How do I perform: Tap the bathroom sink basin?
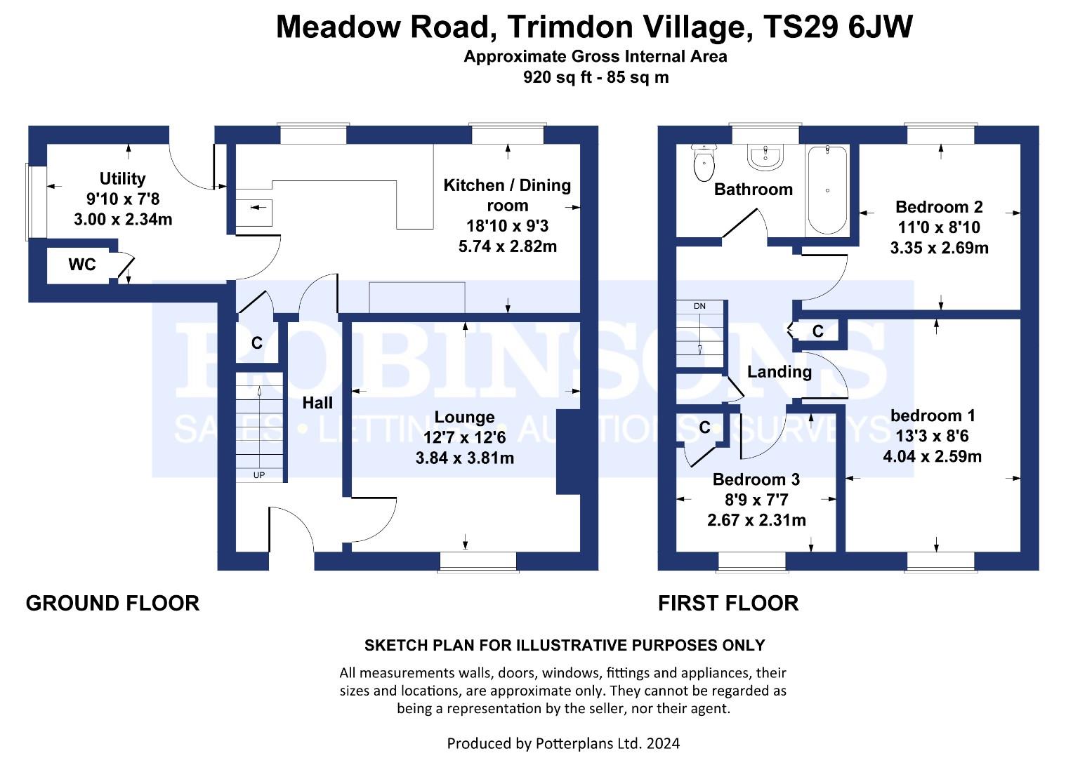click(x=765, y=157)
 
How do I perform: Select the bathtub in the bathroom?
click(x=827, y=190)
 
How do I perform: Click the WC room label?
click(x=82, y=265)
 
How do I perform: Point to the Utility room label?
click(x=122, y=179)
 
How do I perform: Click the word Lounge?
click(x=464, y=417)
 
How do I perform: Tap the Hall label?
click(x=317, y=404)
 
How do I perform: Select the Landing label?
click(x=779, y=372)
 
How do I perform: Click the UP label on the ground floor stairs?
click(x=259, y=475)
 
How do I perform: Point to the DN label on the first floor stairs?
click(x=699, y=306)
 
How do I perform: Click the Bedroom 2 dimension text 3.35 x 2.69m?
click(x=940, y=248)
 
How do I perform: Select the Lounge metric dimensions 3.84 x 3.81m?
click(x=464, y=458)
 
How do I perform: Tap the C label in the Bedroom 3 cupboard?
click(x=705, y=427)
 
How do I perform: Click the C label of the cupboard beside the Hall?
click(x=256, y=343)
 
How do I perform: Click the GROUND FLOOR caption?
click(x=113, y=604)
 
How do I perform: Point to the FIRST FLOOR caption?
click(x=728, y=604)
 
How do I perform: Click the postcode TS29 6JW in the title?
click(x=838, y=27)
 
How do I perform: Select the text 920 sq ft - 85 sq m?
click(x=595, y=77)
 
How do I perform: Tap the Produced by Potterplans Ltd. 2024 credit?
click(x=563, y=743)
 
